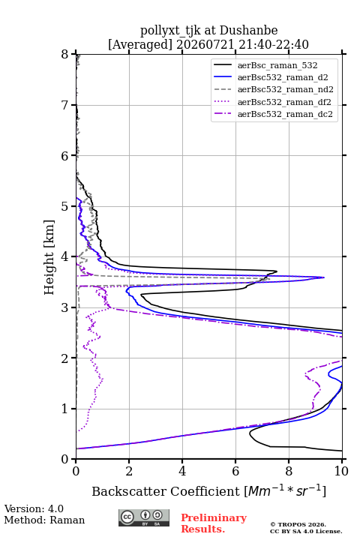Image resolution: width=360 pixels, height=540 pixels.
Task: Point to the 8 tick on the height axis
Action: pyautogui.click(x=65, y=55)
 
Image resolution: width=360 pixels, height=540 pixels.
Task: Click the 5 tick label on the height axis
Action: pyautogui.click(x=65, y=206)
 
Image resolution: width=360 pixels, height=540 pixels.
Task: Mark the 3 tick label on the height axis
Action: pyautogui.click(x=65, y=307)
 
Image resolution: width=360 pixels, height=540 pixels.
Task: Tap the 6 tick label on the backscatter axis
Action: pyautogui.click(x=235, y=471)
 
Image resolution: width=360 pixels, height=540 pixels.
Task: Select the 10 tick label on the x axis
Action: pyautogui.click(x=342, y=471)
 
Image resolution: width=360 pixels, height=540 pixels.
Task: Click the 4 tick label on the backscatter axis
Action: pyautogui.click(x=182, y=471)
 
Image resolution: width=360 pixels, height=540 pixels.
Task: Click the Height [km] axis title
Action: pyautogui.click(x=49, y=257)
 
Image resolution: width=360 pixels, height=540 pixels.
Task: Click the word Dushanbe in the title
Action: pyautogui.click(x=248, y=31)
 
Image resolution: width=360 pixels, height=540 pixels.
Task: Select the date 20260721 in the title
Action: pyautogui.click(x=205, y=44)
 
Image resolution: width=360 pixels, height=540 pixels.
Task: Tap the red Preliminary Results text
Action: pyautogui.click(x=214, y=523)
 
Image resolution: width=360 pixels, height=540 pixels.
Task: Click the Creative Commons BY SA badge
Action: pyautogui.click(x=144, y=518)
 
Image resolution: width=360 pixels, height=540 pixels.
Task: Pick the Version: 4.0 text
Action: pyautogui.click(x=34, y=508)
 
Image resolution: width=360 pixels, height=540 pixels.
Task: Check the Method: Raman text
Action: pyautogui.click(x=44, y=520)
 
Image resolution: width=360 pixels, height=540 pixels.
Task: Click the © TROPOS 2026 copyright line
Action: pyautogui.click(x=298, y=524)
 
